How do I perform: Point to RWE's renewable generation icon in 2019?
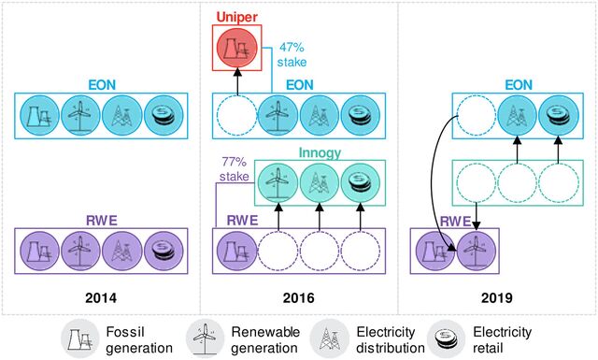tap(476, 252)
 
